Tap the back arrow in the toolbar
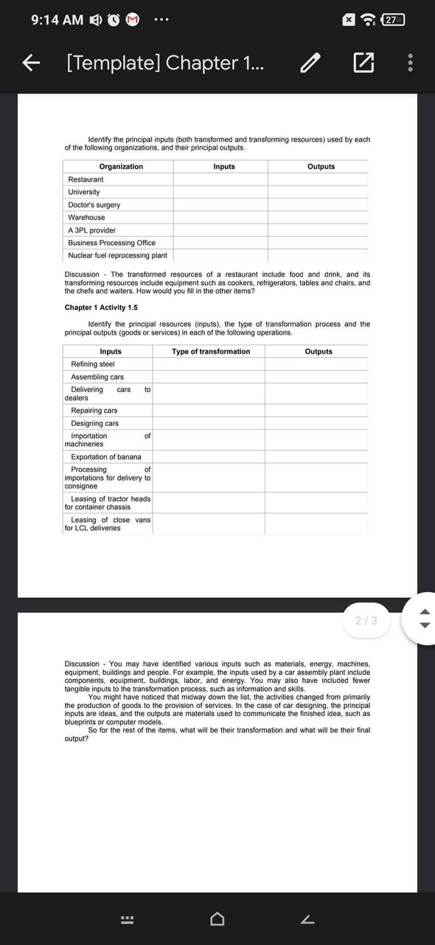pos(30,63)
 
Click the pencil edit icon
pos(311,63)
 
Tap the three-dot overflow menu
pos(411,63)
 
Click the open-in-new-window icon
pos(363,63)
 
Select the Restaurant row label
pos(86,179)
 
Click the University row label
pos(84,192)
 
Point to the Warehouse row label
pos(86,217)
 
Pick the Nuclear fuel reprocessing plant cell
pos(117,255)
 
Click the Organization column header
pos(121,167)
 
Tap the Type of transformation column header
pos(211,351)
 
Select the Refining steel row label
pos(93,364)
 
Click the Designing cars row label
pos(94,423)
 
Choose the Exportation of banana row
pos(106,457)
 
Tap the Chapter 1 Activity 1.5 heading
pos(101,307)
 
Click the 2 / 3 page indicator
pos(366,620)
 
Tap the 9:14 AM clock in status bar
pos(58,20)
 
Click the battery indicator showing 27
pos(393,20)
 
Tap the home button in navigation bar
pos(217,919)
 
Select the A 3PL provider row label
pos(91,230)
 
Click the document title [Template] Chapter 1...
pos(167,63)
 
